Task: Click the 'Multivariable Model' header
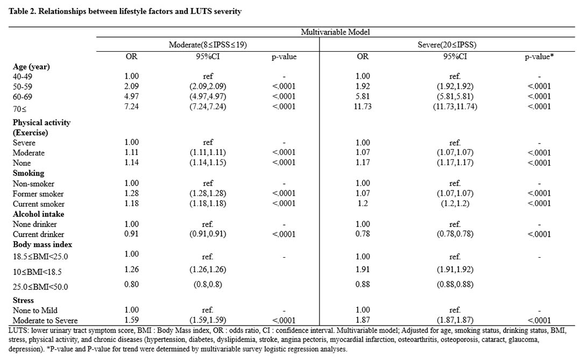335,32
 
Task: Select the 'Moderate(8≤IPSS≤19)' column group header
208,45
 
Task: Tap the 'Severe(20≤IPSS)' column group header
447,45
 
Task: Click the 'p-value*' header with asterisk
539,57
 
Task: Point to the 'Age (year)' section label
31,67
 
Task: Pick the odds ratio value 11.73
363,107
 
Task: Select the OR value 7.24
132,107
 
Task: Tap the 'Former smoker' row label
38,194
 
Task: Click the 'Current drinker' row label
38,234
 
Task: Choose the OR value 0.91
132,234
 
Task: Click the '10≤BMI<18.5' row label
37,272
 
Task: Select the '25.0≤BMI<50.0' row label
40,287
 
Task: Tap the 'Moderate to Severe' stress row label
45,320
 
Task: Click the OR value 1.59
132,320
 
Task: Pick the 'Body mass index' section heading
42,245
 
